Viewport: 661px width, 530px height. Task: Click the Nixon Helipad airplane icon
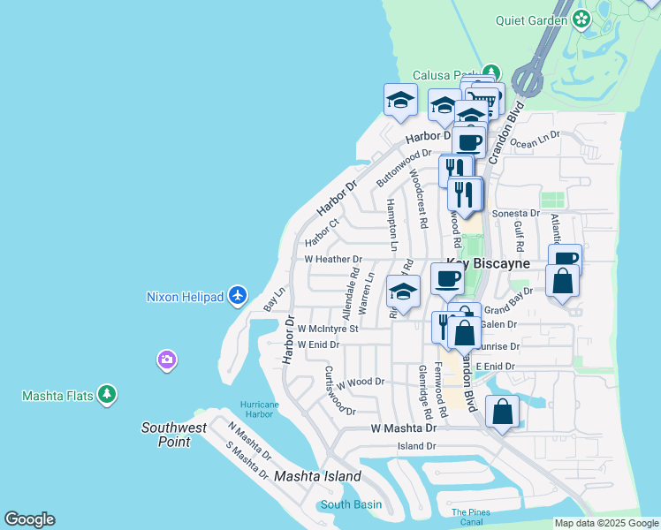pos(236,295)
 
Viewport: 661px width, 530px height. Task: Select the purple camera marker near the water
pos(167,360)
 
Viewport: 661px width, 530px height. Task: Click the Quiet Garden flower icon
pos(581,18)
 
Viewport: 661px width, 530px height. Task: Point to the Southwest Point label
pos(174,435)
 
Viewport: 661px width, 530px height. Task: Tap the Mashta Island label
pos(317,476)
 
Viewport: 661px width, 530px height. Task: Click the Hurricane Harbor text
pos(259,410)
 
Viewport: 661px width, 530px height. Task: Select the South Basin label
pos(351,504)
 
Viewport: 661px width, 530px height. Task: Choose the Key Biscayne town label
pos(488,263)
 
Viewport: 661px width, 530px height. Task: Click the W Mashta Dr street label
pos(403,428)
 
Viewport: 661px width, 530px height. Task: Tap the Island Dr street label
pos(417,446)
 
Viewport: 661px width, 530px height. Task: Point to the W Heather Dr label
pos(333,260)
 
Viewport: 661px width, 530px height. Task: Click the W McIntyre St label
pos(327,329)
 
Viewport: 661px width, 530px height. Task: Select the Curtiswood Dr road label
pos(339,390)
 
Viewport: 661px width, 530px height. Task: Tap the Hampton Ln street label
pos(392,224)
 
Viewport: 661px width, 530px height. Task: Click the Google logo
pos(29,519)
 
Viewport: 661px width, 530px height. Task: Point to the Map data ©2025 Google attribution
pos(605,523)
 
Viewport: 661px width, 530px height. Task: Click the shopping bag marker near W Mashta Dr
pos(502,413)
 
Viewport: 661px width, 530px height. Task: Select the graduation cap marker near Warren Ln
pos(404,291)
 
